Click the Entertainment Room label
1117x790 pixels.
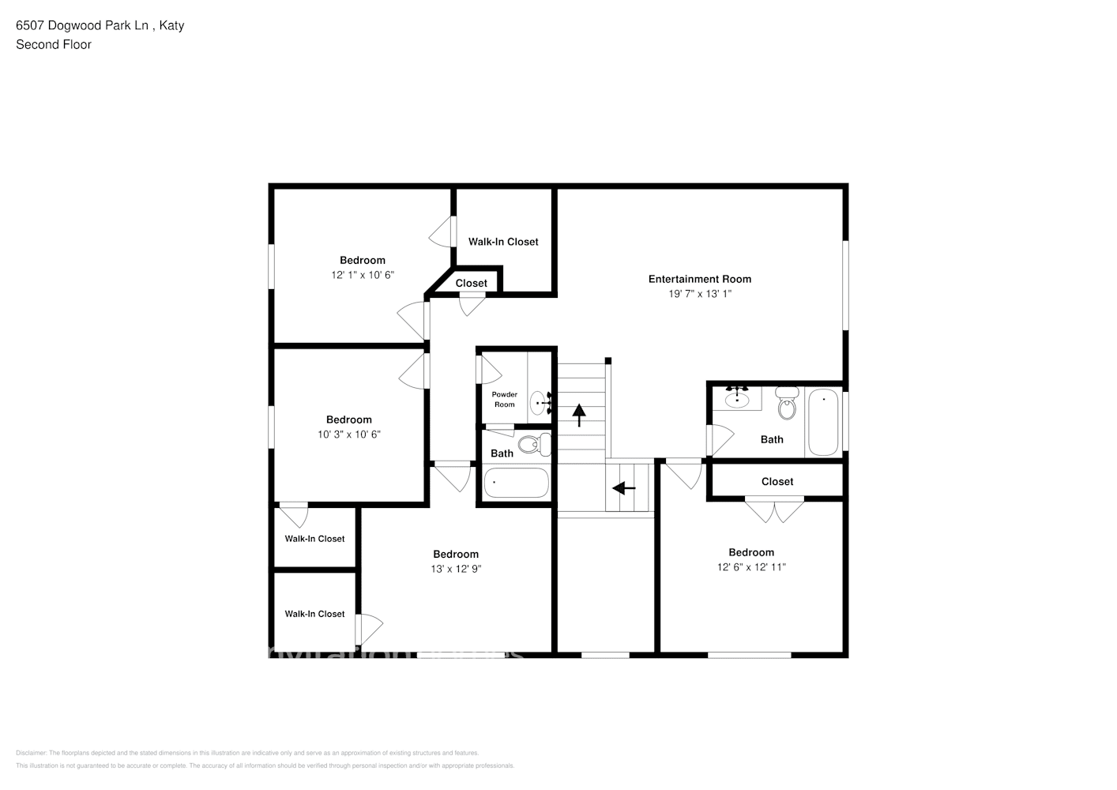(699, 279)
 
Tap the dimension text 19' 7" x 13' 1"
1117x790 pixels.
(699, 294)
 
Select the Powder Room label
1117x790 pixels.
(504, 399)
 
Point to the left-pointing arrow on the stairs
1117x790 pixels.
(624, 488)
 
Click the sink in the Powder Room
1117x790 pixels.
(539, 402)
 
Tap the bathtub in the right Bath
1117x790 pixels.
(823, 422)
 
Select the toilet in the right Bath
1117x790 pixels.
(787, 404)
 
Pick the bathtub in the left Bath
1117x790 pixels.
(515, 483)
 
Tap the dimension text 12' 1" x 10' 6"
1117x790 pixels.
(362, 275)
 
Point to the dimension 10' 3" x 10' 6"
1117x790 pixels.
(348, 434)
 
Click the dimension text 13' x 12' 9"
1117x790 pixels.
(456, 569)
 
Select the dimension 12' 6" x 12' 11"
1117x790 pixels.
(750, 567)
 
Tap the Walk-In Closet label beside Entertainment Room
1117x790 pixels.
(503, 242)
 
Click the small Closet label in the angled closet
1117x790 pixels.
(471, 283)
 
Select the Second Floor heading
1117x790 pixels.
(54, 44)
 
